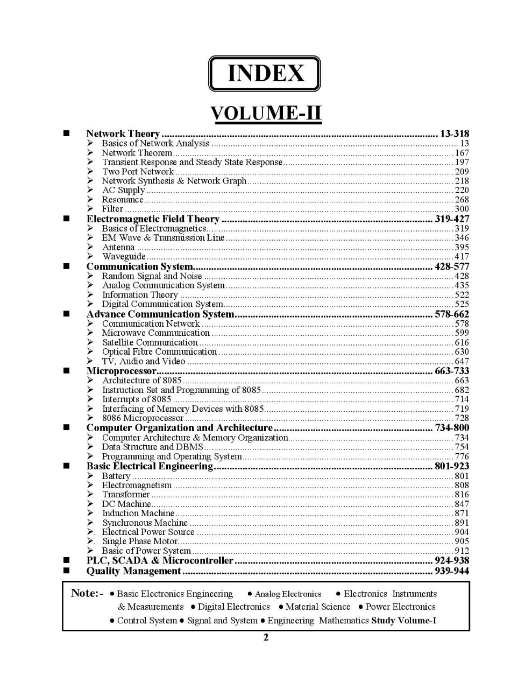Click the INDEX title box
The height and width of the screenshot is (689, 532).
(265, 73)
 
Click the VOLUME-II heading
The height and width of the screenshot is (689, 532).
(266, 114)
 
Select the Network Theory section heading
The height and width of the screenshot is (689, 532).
(123, 133)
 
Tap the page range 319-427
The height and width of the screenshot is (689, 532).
(451, 219)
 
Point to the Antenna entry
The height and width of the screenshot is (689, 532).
(118, 248)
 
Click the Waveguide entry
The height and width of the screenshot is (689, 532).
(124, 257)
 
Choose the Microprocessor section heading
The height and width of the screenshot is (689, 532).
(121, 371)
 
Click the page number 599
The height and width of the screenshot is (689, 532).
(462, 333)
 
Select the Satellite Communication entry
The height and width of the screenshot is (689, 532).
(150, 342)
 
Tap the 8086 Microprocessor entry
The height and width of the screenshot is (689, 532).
(143, 418)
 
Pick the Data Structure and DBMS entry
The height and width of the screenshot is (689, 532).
(152, 447)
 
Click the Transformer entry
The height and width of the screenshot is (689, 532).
(126, 494)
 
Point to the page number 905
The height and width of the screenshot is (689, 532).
(462, 541)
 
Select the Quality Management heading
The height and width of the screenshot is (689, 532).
(133, 571)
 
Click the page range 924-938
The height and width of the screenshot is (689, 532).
(451, 560)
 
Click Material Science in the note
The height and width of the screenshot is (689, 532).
(317, 607)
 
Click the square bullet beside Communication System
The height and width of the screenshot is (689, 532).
(67, 266)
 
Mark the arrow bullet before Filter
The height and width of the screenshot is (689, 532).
(90, 209)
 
